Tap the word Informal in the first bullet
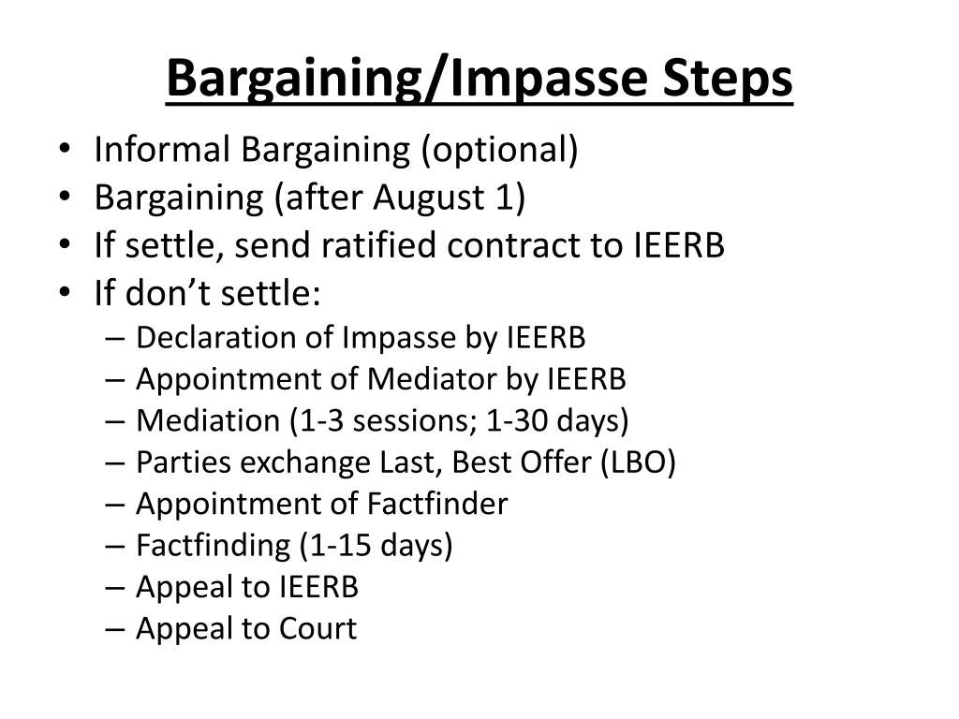point(162,150)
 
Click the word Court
point(318,628)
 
